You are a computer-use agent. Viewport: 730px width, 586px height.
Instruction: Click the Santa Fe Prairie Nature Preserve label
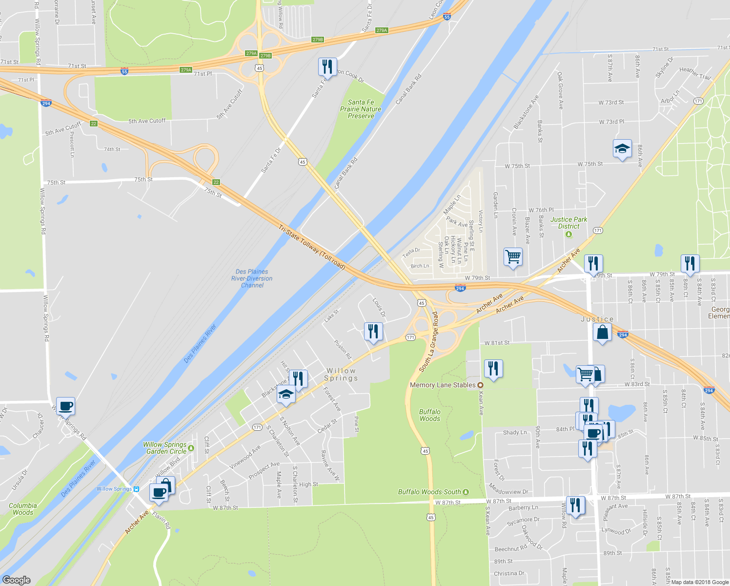point(361,109)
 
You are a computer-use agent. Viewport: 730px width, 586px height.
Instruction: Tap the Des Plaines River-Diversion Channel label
point(252,278)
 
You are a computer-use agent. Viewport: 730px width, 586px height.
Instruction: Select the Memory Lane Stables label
point(443,385)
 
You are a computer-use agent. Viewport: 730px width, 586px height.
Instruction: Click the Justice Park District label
point(568,223)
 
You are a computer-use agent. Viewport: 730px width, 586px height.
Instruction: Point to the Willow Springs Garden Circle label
point(165,448)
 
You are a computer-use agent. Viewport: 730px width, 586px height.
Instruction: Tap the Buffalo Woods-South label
point(429,492)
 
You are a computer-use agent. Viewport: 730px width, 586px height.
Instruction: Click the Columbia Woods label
point(23,509)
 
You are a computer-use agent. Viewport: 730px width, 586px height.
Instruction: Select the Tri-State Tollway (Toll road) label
point(312,247)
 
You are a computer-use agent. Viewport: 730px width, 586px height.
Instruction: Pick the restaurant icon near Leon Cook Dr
point(327,66)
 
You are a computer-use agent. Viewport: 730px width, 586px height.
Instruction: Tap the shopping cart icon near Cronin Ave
point(513,256)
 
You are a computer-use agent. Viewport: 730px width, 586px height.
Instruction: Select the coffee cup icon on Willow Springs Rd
point(65,405)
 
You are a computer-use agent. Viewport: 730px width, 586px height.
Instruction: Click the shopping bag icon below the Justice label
point(603,333)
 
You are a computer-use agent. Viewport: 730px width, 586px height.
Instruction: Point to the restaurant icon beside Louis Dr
point(373,331)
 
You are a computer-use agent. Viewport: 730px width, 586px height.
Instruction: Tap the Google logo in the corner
point(17,580)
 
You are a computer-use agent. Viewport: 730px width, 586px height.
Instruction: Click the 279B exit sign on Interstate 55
point(318,40)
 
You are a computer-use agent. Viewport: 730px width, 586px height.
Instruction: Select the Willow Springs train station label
point(114,489)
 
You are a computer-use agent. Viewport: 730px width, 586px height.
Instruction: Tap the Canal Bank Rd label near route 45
point(346,173)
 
